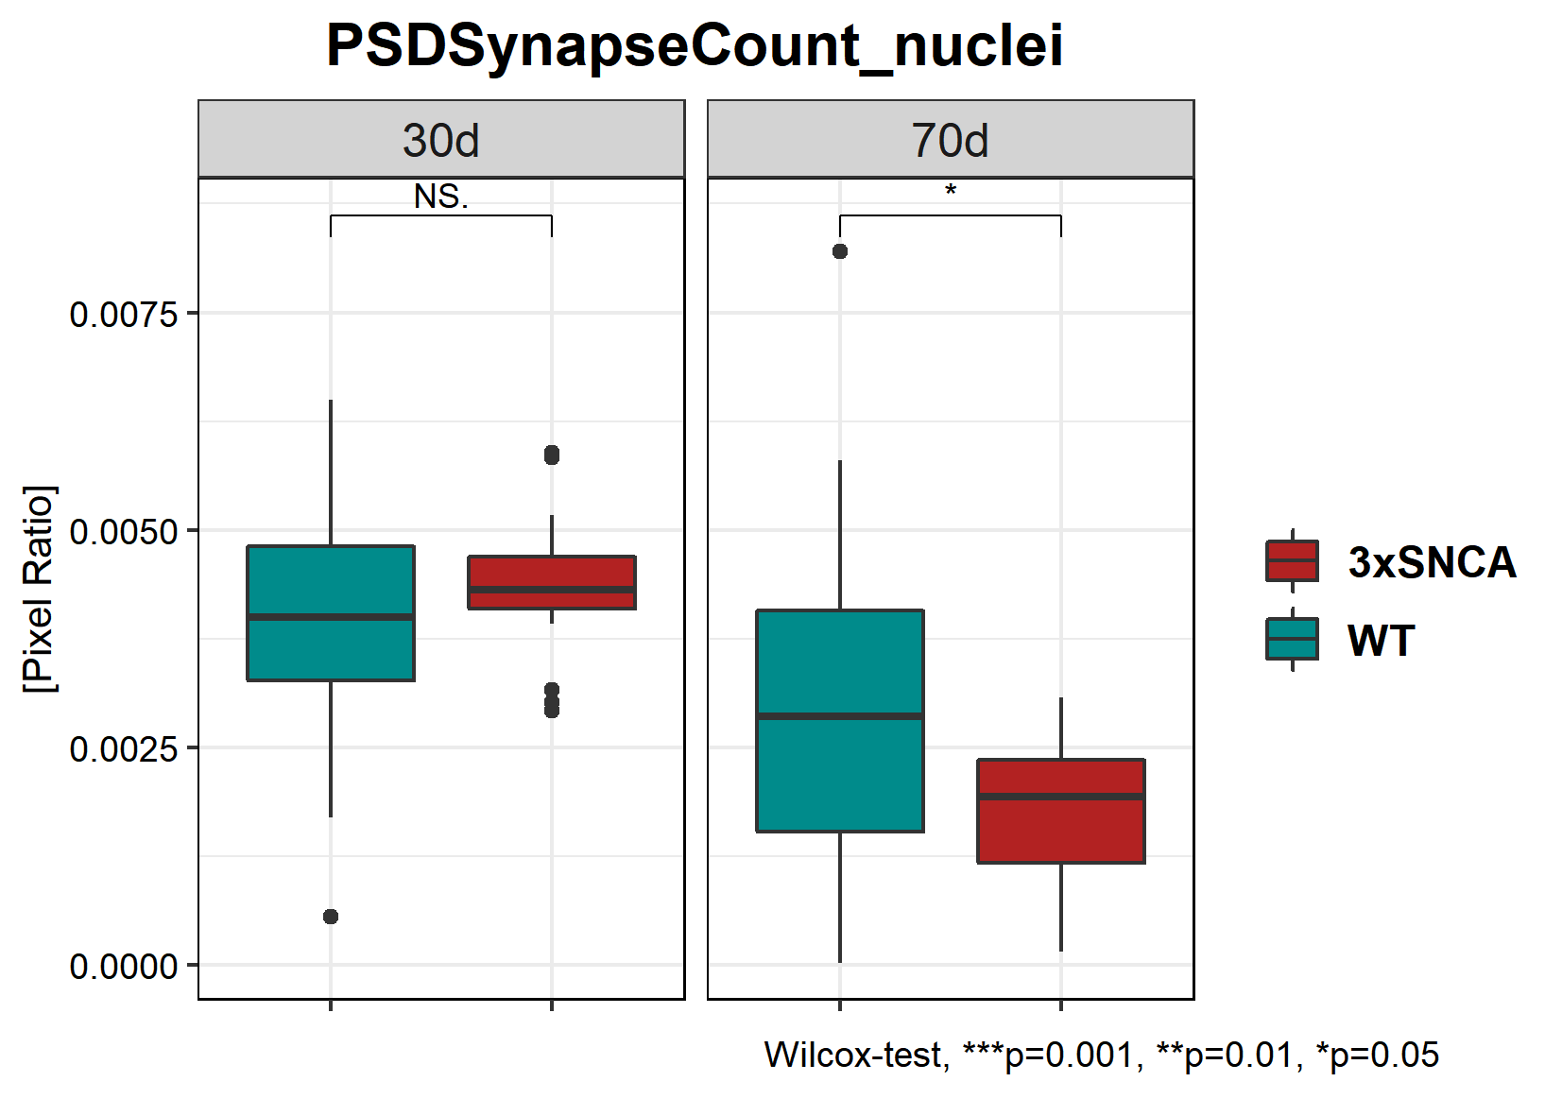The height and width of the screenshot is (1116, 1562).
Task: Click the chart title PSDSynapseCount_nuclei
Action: coord(695,45)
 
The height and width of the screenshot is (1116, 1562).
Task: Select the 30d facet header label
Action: coord(441,141)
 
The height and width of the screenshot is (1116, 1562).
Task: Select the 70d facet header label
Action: coord(950,141)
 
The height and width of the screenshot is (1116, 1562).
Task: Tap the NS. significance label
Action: coord(441,197)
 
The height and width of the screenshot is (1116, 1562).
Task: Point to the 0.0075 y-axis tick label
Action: coord(124,314)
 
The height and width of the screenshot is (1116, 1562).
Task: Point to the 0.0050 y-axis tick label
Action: coord(124,531)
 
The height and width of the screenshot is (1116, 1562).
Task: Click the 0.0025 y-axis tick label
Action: coord(124,748)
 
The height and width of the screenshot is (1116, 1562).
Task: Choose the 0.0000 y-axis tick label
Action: coord(124,967)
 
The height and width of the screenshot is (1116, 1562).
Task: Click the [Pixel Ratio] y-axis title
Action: coord(40,589)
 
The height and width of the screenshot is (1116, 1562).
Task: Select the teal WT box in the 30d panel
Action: coord(331,652)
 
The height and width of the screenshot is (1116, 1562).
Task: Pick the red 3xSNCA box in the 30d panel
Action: coord(552,573)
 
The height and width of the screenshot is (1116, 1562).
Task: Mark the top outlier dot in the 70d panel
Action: coord(840,251)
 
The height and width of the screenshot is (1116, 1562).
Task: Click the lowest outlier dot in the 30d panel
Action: coord(331,917)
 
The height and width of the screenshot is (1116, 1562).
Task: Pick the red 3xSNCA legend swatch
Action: coord(1292,561)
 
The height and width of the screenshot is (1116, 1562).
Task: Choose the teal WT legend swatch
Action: coord(1292,640)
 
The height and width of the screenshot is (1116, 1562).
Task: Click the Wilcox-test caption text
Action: coord(1101,1055)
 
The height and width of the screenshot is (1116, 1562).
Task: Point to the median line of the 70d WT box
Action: coord(840,716)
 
